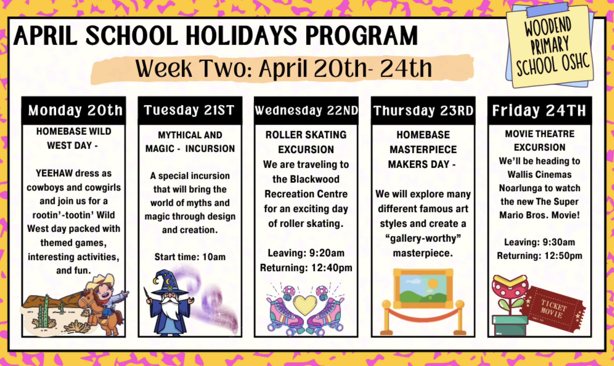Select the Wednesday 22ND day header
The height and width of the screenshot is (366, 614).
point(306,110)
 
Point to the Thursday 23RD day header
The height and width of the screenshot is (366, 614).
point(423,110)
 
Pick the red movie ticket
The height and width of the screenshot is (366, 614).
point(554,309)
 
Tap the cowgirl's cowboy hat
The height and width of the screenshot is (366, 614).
point(101,281)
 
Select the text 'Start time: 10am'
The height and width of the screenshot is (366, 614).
point(190,257)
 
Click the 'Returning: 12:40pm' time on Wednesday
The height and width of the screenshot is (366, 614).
point(306,268)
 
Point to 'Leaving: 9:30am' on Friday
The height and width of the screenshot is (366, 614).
point(540,242)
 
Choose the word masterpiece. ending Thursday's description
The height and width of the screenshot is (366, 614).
point(423,253)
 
